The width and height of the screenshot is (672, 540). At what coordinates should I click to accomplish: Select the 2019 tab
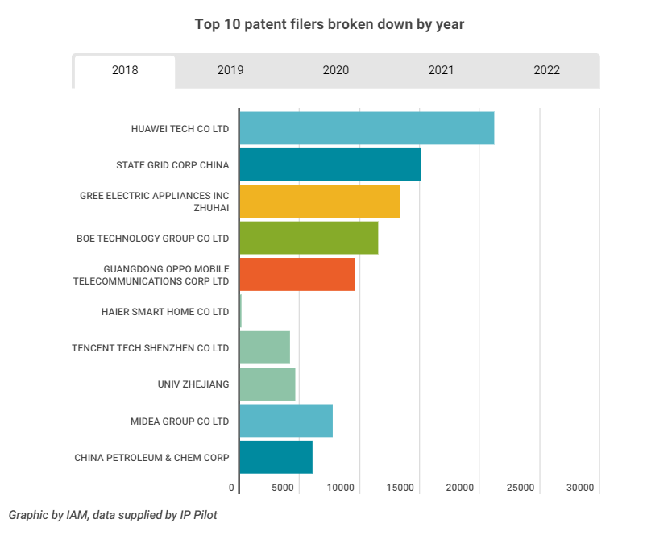[230, 70]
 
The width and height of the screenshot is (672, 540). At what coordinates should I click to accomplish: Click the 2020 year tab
[335, 70]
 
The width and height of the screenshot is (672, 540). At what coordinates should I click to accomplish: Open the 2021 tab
[441, 70]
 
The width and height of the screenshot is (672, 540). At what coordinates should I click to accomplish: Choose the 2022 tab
[546, 70]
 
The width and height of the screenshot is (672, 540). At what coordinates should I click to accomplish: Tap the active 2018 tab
[125, 70]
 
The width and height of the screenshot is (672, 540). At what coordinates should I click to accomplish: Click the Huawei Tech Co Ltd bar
[367, 128]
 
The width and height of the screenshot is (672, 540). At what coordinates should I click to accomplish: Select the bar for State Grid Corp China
[330, 164]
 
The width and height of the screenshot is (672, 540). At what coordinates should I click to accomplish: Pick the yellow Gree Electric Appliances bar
[319, 201]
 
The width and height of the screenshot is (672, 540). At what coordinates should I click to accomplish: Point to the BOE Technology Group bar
[309, 238]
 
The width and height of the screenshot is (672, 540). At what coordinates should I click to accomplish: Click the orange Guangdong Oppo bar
[297, 274]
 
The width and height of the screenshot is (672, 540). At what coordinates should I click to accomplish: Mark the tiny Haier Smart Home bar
[241, 311]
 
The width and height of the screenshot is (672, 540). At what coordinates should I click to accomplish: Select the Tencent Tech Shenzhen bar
[264, 347]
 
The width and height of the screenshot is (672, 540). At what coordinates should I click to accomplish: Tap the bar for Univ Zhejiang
[268, 384]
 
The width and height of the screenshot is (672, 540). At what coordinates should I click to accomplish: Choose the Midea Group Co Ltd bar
[286, 421]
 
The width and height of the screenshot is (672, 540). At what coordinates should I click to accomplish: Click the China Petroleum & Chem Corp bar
[276, 457]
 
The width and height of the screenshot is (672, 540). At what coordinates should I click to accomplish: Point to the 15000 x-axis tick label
[400, 488]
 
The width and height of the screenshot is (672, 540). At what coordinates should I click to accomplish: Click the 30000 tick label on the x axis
[579, 488]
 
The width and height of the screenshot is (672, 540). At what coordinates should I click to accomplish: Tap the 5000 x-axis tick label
[281, 488]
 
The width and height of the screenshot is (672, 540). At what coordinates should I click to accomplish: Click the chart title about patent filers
[330, 24]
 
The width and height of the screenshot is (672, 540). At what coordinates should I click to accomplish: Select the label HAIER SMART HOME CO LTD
[165, 311]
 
